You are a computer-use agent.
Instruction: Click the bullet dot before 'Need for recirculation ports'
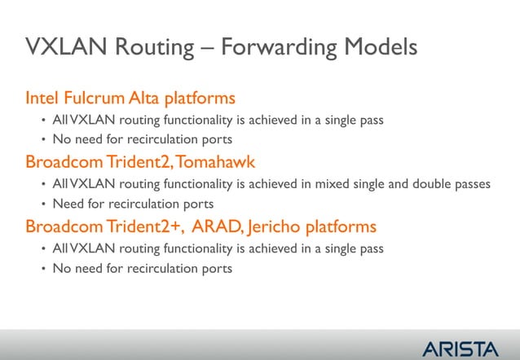point(43,204)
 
